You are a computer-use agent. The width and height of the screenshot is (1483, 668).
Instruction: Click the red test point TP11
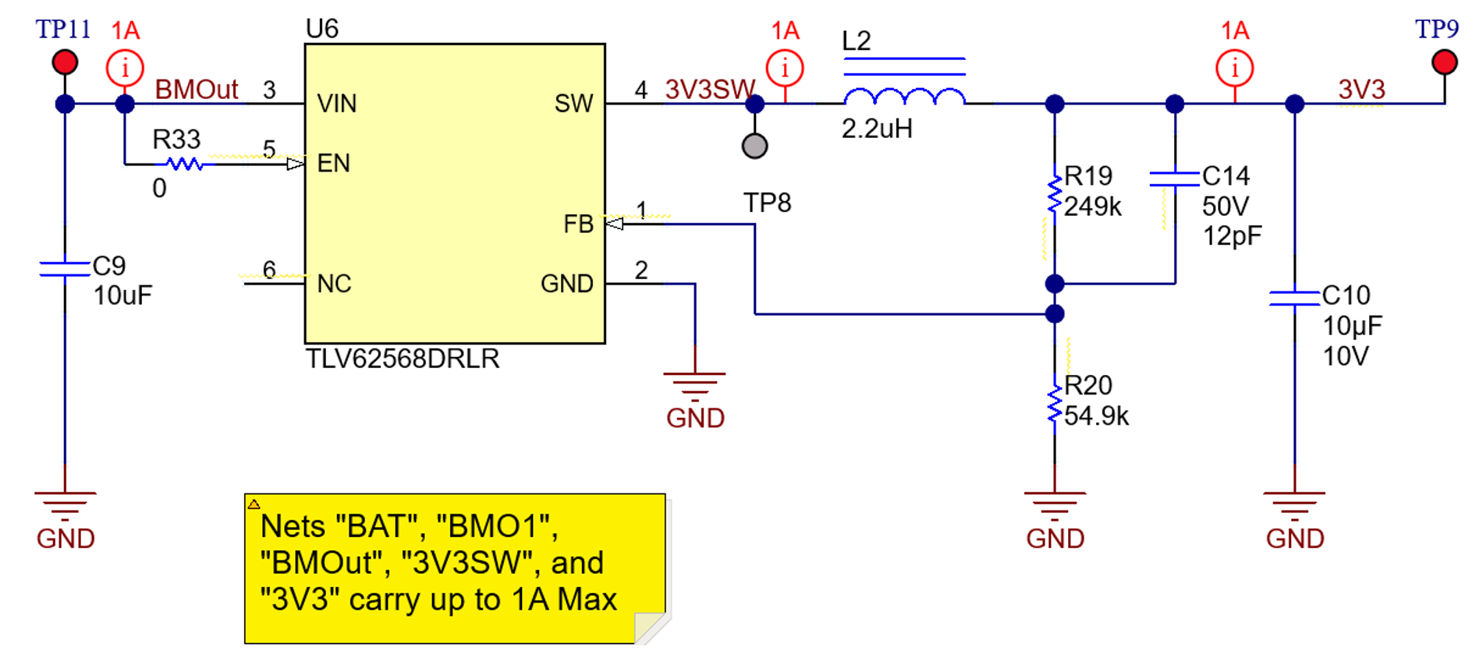point(65,62)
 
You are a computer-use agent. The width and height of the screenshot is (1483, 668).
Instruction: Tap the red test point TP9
point(1444,62)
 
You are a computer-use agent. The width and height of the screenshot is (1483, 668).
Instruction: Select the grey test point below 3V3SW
point(754,146)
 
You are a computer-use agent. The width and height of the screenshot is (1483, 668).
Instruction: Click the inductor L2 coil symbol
point(904,97)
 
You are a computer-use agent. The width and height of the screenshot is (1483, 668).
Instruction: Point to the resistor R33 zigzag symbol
point(185,164)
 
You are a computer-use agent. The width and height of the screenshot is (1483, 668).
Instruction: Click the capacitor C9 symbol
point(65,269)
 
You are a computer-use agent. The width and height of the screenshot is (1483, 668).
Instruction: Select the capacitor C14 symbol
point(1174,179)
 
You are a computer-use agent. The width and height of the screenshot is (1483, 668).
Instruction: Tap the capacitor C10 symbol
point(1294,298)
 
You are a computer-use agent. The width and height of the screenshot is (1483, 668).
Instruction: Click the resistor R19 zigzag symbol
point(1055,195)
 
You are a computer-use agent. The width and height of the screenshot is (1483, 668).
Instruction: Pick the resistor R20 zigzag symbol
point(1055,405)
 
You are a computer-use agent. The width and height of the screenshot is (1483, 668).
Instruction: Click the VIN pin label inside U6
point(336,104)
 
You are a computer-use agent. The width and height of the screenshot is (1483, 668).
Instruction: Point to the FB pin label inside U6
point(578,224)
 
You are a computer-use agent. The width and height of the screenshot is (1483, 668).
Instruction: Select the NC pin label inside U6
point(334,284)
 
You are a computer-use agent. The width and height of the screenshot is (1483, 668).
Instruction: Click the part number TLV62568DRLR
point(402,359)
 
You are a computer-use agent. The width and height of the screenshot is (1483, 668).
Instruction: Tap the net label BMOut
point(196,90)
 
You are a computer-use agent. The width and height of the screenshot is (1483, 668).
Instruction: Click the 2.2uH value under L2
point(877,129)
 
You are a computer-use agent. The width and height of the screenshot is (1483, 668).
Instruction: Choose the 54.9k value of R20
point(1096,416)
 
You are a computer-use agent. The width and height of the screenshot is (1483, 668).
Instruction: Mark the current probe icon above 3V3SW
point(785,69)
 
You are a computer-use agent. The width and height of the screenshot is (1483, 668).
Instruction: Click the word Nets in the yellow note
point(293,527)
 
